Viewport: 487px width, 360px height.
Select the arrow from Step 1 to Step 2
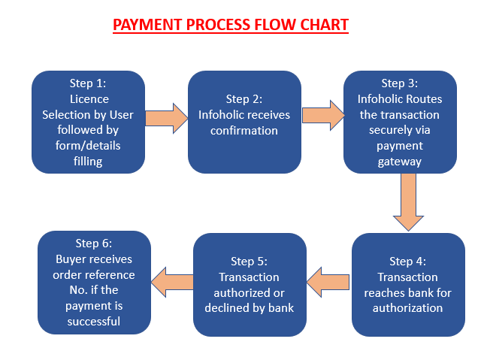coord(167,118)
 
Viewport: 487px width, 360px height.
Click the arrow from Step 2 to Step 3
coord(323,115)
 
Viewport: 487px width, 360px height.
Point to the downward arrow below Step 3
coord(408,202)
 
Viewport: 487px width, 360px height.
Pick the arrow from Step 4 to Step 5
coord(328,282)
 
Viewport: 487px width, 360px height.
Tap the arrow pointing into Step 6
coord(172,282)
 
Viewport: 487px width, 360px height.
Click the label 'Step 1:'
coord(88,83)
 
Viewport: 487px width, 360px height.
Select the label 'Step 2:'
coord(244,99)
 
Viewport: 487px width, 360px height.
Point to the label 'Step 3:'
coord(400,83)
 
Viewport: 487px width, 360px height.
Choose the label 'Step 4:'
coord(408,262)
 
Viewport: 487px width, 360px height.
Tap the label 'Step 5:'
coord(249,262)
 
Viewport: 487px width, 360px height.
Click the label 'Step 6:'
coord(94,244)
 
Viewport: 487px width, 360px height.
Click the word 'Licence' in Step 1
coord(89,99)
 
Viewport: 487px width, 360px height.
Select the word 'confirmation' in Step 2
coord(244,131)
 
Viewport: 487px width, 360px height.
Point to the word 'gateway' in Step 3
coord(400,162)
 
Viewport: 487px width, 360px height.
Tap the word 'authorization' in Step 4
coord(408,308)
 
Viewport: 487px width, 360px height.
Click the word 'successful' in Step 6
coord(94,321)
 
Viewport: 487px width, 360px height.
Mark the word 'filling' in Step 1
coord(88,162)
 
